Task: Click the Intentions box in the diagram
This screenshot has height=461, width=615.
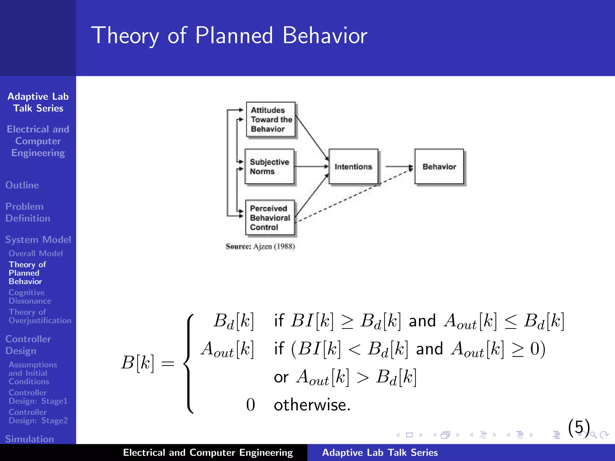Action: coord(353,167)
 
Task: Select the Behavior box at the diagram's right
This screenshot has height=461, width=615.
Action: coord(439,167)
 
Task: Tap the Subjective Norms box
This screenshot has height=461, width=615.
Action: coord(269,167)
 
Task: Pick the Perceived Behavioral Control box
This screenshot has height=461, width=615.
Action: coord(270,218)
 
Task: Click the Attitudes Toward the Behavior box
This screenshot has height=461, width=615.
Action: coord(271,119)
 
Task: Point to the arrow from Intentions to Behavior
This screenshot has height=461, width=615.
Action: coord(398,166)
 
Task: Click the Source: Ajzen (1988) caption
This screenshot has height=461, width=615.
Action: coord(260,247)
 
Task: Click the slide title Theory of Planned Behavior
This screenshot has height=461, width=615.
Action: coord(229,35)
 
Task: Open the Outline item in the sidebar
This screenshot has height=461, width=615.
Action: coord(22,185)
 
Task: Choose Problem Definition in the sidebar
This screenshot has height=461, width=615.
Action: coord(28,212)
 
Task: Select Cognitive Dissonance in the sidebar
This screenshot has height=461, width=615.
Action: coord(30,297)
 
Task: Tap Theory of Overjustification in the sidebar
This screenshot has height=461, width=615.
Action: coord(40,316)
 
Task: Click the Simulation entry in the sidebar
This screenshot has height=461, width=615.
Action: coord(29,439)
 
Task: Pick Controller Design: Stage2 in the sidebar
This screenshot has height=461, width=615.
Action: coord(38,416)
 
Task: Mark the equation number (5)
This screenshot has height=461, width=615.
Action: coord(579,427)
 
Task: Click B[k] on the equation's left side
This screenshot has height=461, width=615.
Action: coord(138,363)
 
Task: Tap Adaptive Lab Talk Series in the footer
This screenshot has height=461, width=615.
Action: coord(380,452)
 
